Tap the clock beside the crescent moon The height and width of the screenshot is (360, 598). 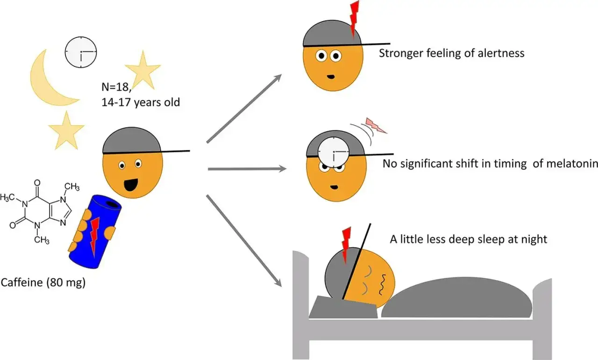(x=81, y=52)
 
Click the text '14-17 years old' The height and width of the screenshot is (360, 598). (x=141, y=102)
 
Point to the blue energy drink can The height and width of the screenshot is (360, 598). (x=95, y=232)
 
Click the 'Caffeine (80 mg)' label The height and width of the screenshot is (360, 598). (x=43, y=282)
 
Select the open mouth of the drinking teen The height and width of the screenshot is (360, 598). (x=130, y=185)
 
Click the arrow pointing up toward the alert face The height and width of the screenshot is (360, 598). (x=244, y=109)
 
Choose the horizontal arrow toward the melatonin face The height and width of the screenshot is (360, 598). (x=247, y=169)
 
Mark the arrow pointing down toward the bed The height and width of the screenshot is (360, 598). (x=244, y=241)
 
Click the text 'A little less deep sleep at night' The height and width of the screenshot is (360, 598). (x=469, y=239)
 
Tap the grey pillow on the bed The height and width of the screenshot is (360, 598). (x=343, y=307)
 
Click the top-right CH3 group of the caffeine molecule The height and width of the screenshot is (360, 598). (x=72, y=187)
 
